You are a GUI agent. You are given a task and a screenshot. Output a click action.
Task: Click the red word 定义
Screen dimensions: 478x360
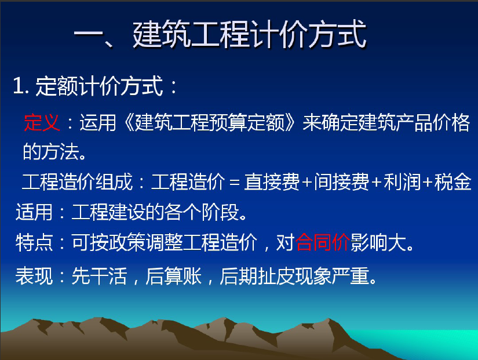(42, 122)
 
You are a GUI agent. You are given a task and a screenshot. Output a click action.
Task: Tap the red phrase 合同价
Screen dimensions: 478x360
(323, 242)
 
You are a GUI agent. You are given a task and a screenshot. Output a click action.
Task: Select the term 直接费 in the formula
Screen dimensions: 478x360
(272, 182)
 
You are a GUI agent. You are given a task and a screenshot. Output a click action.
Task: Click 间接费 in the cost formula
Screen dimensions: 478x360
(342, 182)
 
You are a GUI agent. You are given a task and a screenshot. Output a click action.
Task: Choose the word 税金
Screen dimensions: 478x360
(453, 182)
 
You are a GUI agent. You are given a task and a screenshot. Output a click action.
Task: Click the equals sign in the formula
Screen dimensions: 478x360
(234, 183)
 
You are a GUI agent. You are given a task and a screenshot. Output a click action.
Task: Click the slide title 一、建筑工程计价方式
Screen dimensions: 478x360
(220, 34)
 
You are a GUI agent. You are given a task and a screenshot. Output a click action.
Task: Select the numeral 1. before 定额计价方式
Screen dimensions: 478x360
(21, 86)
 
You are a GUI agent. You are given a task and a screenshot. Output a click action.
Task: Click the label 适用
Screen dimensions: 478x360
(34, 212)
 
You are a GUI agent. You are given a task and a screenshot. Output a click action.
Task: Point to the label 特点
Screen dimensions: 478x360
(34, 242)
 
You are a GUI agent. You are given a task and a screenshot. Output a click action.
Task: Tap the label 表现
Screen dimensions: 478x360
(34, 276)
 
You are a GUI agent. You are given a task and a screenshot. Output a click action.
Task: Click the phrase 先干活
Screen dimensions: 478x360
(99, 276)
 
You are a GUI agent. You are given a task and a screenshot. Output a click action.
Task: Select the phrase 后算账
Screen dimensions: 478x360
(173, 276)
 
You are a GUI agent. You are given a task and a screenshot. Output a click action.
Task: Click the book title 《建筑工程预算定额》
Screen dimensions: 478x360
(210, 122)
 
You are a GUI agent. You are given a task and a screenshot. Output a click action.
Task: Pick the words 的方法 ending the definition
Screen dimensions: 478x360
(50, 152)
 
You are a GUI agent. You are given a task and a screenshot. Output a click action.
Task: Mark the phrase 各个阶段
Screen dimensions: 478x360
(202, 212)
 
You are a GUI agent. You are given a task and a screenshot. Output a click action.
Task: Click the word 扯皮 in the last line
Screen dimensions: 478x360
(275, 276)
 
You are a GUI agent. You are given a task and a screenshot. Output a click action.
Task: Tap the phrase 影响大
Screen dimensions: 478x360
(378, 242)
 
